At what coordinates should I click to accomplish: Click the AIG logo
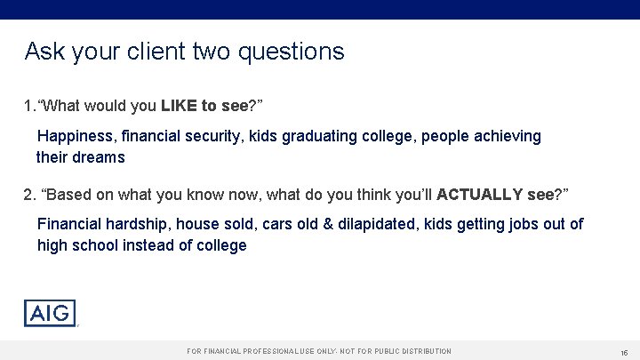(50, 313)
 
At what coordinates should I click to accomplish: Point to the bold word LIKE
(180, 106)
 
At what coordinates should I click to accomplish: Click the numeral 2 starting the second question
(28, 195)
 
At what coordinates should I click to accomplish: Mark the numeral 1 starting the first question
(28, 106)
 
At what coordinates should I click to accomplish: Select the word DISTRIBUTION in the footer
(421, 352)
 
